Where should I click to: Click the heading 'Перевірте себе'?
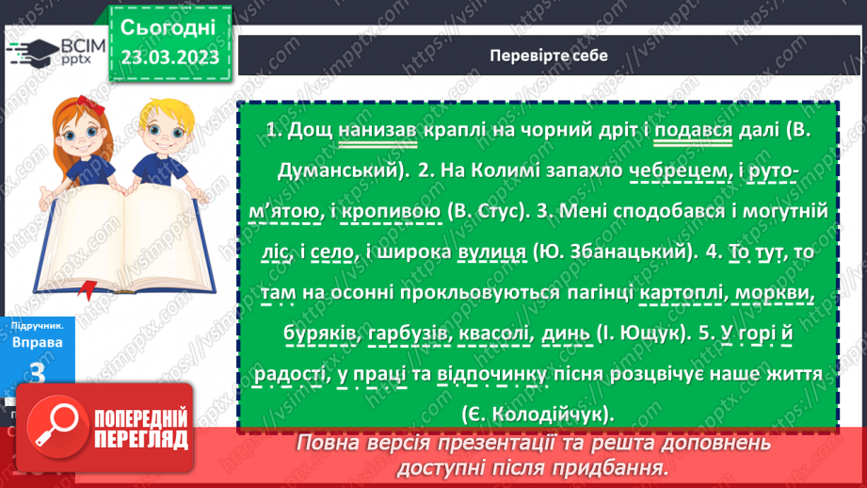pyautogui.click(x=549, y=56)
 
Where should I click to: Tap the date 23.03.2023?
pyautogui.click(x=169, y=57)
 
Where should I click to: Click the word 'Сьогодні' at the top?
pyautogui.click(x=169, y=26)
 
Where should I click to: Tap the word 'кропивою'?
pyautogui.click(x=394, y=212)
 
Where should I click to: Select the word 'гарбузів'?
pyautogui.click(x=409, y=335)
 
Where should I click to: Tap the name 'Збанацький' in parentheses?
pyautogui.click(x=592, y=253)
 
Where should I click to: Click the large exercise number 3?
pyautogui.click(x=38, y=373)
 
